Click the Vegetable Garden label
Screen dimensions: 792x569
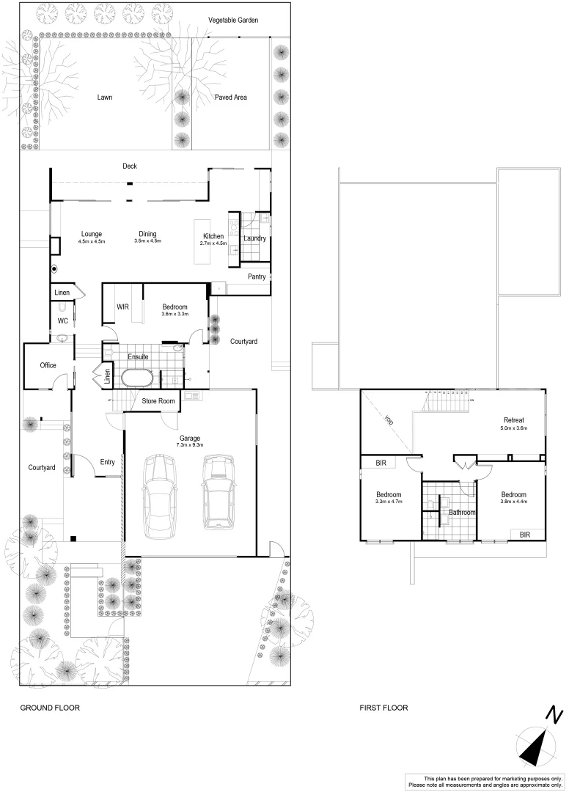(233, 21)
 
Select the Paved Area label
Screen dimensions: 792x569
(230, 97)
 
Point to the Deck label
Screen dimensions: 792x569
(130, 166)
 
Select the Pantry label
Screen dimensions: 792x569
(257, 276)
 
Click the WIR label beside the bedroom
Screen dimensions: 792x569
(123, 307)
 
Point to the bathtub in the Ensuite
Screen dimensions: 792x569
(136, 378)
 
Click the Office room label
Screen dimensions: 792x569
(48, 365)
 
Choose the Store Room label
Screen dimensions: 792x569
(158, 401)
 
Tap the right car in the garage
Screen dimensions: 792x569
(218, 491)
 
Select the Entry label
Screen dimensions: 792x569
(108, 462)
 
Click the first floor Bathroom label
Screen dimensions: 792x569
(463, 512)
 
